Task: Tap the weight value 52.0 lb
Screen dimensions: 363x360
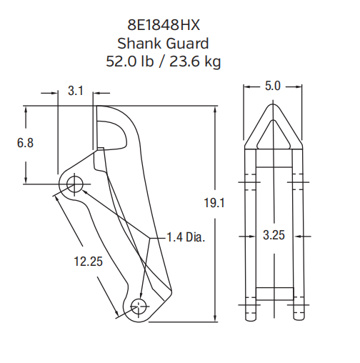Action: tap(130, 61)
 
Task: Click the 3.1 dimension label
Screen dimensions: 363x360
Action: tap(76, 91)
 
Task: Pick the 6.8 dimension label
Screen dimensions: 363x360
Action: tap(25, 143)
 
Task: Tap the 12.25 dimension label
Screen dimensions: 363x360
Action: tap(88, 262)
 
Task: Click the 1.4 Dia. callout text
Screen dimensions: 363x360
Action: tap(185, 237)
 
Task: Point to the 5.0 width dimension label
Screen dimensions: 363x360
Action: tap(272, 86)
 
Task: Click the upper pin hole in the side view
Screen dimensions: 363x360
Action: tap(74, 184)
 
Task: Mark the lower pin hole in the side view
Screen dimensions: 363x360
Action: tap(139, 306)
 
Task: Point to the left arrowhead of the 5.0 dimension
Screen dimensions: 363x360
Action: tap(248, 86)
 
